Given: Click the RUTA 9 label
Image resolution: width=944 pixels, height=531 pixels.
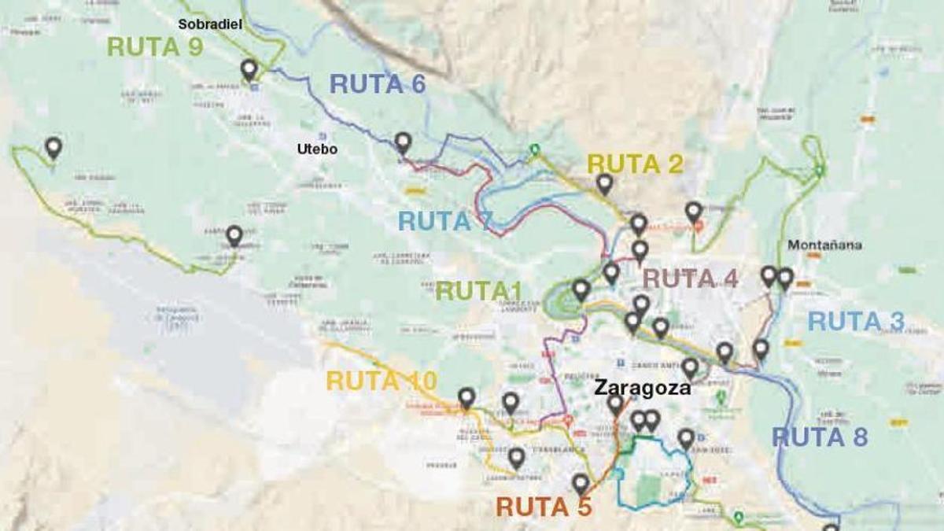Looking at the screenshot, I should pos(155,47).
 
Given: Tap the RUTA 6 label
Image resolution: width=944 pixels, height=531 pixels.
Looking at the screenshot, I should pos(378,84).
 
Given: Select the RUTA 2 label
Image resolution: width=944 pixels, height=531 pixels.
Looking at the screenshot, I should pos(635,164).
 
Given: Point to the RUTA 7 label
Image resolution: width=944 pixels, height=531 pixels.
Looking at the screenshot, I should pos(445,222).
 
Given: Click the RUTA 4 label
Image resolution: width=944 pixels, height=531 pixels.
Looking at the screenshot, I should pos(691,278).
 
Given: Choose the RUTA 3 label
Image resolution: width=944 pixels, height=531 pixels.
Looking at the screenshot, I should pos(856,322).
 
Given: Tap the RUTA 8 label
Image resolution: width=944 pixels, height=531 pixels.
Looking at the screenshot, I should pos(819,437).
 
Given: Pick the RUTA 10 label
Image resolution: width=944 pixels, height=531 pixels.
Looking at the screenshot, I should pos(382,381).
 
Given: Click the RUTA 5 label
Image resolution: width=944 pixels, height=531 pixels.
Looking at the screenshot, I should pos(544,507).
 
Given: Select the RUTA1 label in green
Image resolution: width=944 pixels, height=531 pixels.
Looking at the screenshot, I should pos(484,291).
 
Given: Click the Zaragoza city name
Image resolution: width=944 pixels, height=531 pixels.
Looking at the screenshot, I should pos(643,388).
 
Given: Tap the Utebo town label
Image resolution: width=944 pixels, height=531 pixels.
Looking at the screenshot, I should pos(317,149).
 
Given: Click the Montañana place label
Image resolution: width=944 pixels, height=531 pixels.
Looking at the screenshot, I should pos(824,245).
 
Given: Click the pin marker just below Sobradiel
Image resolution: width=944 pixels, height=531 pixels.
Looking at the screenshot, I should pos(249,69).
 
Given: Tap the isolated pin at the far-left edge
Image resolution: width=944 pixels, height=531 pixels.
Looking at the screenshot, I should pos(53,146).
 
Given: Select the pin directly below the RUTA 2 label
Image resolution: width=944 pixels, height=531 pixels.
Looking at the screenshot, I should pos(604,183).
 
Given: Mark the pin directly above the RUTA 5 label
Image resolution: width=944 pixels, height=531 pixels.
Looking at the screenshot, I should pos(581,483).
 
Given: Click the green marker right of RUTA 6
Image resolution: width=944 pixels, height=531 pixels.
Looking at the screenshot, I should pos(535,149).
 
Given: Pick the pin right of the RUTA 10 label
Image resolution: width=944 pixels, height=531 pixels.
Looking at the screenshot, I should pos(466,398).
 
